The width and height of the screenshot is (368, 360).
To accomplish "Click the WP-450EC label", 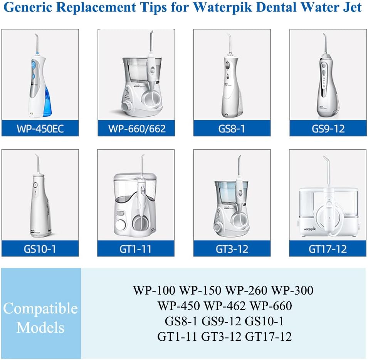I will pyautogui.click(x=40, y=128).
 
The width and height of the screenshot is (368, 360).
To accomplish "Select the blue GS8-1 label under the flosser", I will pyautogui.click(x=232, y=128).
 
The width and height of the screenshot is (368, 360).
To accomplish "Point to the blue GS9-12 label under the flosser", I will pyautogui.click(x=328, y=128).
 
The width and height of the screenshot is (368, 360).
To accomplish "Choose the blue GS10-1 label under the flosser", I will pyautogui.click(x=40, y=248).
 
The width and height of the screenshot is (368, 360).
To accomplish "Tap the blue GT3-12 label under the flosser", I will pyautogui.click(x=232, y=248).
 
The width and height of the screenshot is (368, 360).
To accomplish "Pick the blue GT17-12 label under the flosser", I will pyautogui.click(x=328, y=248).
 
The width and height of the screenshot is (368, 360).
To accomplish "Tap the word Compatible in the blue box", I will pyautogui.click(x=40, y=308).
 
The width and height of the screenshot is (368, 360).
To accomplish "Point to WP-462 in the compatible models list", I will pyautogui.click(x=225, y=306).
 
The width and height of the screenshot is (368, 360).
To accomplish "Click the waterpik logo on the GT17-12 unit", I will pyautogui.click(x=313, y=223).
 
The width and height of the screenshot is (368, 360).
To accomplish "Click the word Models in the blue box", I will pyautogui.click(x=40, y=328).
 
